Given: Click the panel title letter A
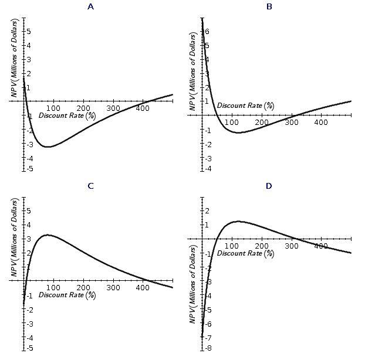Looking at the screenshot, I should click(x=90, y=7).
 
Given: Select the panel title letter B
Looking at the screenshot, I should click(x=269, y=7).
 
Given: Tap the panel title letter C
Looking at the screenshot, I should click(x=90, y=186).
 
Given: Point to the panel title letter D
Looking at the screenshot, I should click(x=269, y=186).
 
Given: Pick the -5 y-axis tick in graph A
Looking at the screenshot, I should click(x=29, y=169).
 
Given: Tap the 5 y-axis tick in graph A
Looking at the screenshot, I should click(x=29, y=31).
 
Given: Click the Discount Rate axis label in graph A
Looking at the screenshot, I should click(x=67, y=116).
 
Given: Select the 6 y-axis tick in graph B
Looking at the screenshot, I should click(x=207, y=32).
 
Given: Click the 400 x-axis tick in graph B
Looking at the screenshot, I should click(x=321, y=123).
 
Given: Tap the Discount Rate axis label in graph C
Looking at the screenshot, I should click(x=67, y=294).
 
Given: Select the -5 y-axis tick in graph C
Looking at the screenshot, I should click(x=29, y=348).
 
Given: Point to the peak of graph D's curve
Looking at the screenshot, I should click(x=238, y=221).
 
